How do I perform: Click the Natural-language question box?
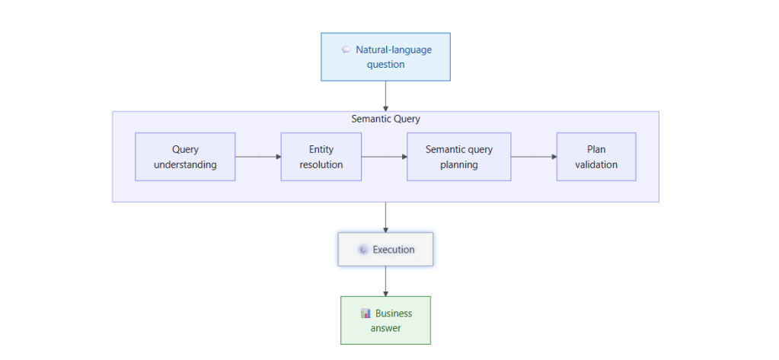(x=385, y=56)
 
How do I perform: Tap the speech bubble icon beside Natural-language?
(x=346, y=49)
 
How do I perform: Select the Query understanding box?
(x=185, y=157)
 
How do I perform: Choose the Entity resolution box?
(x=321, y=157)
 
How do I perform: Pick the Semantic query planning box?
(x=459, y=157)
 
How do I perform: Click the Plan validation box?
(x=596, y=157)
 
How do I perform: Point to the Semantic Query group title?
(x=385, y=119)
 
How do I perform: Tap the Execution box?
(x=385, y=250)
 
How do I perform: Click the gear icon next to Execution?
(x=363, y=250)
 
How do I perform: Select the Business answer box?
(x=385, y=320)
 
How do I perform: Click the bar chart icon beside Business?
(x=366, y=314)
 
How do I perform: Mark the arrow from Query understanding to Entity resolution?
(x=258, y=157)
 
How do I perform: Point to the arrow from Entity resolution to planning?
(x=385, y=157)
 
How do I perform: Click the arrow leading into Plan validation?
(x=534, y=157)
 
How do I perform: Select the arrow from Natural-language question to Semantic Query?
(x=385, y=97)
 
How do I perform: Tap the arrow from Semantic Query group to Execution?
(x=385, y=218)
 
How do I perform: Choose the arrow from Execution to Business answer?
(x=385, y=282)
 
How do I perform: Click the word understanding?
(x=185, y=164)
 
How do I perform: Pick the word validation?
(x=596, y=164)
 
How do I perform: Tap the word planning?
(x=459, y=164)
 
